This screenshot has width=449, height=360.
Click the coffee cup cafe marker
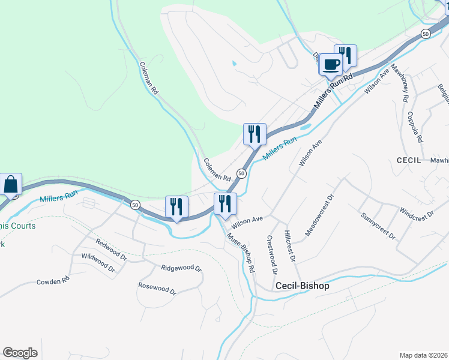(x=331, y=64)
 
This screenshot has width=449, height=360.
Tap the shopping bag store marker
(x=11, y=184)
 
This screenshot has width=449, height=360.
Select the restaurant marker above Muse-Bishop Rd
(x=225, y=204)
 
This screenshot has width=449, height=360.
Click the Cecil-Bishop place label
(x=302, y=286)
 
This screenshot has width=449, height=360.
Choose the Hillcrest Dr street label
(x=291, y=247)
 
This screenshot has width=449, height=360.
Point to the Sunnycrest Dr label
(x=378, y=226)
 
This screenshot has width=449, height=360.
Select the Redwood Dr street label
(x=112, y=250)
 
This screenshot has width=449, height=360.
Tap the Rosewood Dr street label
(x=157, y=289)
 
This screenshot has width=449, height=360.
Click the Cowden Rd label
(x=53, y=280)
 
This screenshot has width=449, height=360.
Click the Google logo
(x=20, y=353)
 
